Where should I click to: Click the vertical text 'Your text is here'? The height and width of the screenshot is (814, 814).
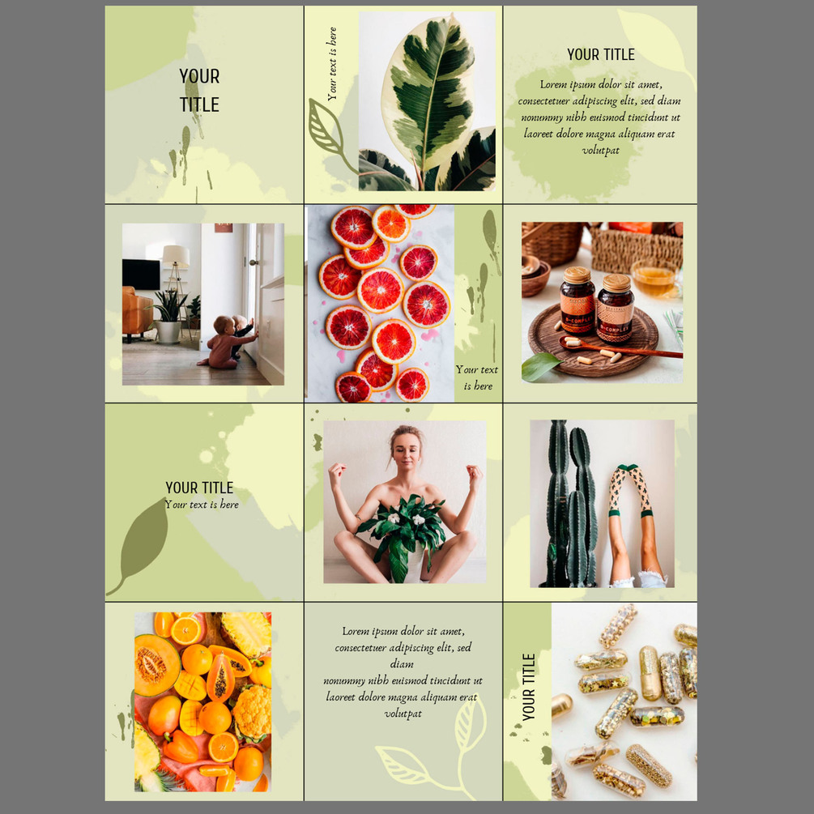point(332,64)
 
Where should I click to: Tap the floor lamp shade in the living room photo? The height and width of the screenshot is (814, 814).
point(176,256)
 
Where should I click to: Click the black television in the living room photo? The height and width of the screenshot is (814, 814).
point(141,275)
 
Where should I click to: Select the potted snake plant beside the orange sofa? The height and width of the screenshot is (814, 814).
point(168,317)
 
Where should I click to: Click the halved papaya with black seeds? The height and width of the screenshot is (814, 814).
point(220,677)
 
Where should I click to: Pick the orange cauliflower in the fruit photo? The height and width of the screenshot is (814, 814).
point(252,711)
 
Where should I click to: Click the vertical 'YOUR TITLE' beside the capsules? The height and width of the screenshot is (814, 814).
point(528,687)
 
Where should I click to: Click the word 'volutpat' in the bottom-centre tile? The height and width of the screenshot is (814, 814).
point(403,714)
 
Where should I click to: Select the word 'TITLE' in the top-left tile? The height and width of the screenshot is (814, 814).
point(199,104)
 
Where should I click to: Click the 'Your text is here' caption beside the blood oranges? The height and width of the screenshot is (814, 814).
point(477,377)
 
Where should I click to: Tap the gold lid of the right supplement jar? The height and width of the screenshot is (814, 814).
point(616,283)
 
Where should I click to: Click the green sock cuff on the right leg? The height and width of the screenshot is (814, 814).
point(646,514)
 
